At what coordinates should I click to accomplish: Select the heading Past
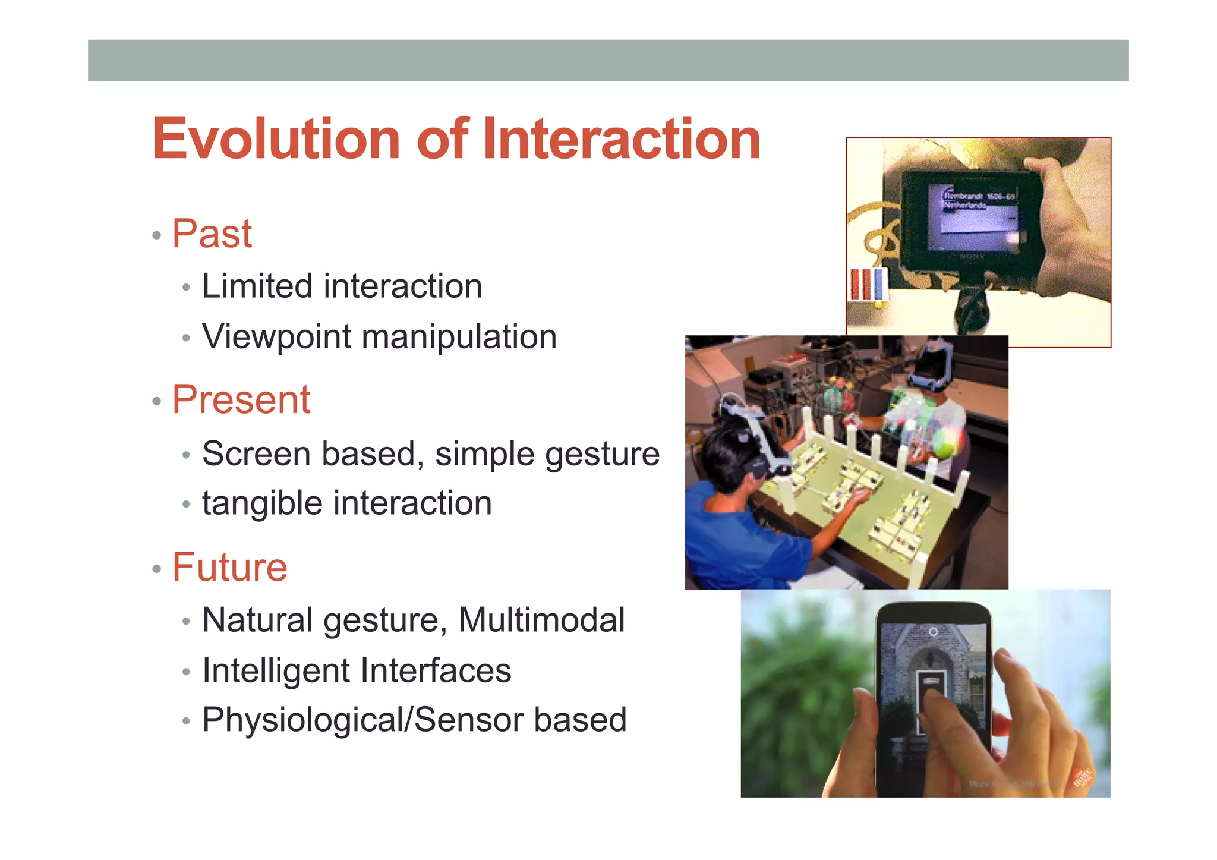(x=212, y=234)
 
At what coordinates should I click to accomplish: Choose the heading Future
(x=230, y=567)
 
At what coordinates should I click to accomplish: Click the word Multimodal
(x=541, y=620)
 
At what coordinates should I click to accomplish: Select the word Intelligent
(x=277, y=672)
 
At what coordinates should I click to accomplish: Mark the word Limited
(x=257, y=286)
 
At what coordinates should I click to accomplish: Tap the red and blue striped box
(x=868, y=286)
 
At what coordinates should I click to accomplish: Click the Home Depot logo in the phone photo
(x=1083, y=777)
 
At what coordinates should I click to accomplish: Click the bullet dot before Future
(x=157, y=569)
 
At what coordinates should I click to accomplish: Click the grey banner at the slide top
(x=608, y=61)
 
